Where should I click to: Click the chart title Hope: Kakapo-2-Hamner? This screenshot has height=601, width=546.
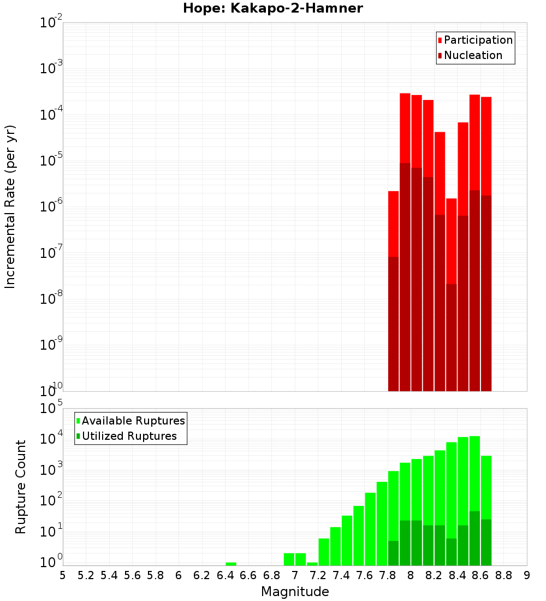272,8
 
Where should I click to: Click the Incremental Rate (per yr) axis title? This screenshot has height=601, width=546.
10,207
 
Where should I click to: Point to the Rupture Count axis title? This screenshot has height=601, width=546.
21,486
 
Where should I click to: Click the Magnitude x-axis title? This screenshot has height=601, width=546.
295,592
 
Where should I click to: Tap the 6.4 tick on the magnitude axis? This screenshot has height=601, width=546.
225,575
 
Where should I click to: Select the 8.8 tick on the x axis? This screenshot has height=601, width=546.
503,575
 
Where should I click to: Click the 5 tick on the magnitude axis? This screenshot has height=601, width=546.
63,575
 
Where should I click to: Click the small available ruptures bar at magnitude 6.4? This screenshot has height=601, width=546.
231,564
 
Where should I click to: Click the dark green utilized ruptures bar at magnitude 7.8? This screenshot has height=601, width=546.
393,553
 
